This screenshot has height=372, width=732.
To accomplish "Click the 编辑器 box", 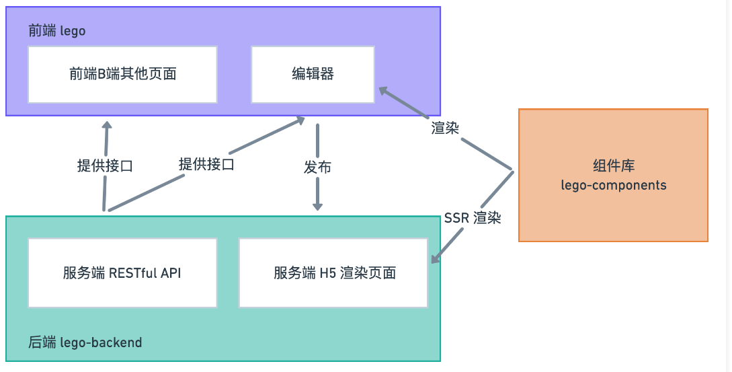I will [x=313, y=75].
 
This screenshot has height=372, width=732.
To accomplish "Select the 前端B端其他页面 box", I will [x=122, y=75].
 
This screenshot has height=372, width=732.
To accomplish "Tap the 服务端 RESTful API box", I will [x=122, y=272].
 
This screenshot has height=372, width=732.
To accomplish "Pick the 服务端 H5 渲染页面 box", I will [x=334, y=272].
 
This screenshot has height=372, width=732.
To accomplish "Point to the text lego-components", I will [x=613, y=185].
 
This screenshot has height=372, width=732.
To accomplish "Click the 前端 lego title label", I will [x=56, y=31].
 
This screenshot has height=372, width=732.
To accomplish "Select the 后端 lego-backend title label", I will [x=85, y=342].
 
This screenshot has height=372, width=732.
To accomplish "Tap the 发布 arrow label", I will [x=317, y=168].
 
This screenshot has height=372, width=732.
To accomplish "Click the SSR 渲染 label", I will [x=472, y=218].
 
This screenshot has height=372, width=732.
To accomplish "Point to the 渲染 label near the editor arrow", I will [x=445, y=128].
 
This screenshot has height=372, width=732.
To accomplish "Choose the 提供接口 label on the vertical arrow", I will [x=105, y=165].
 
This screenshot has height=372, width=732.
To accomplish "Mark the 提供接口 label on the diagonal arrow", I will [x=206, y=163].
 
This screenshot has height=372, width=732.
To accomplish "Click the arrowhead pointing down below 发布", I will [x=317, y=204].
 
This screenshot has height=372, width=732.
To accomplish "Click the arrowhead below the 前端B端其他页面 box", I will [x=106, y=126].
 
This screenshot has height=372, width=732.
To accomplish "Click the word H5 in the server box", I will [x=328, y=272].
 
